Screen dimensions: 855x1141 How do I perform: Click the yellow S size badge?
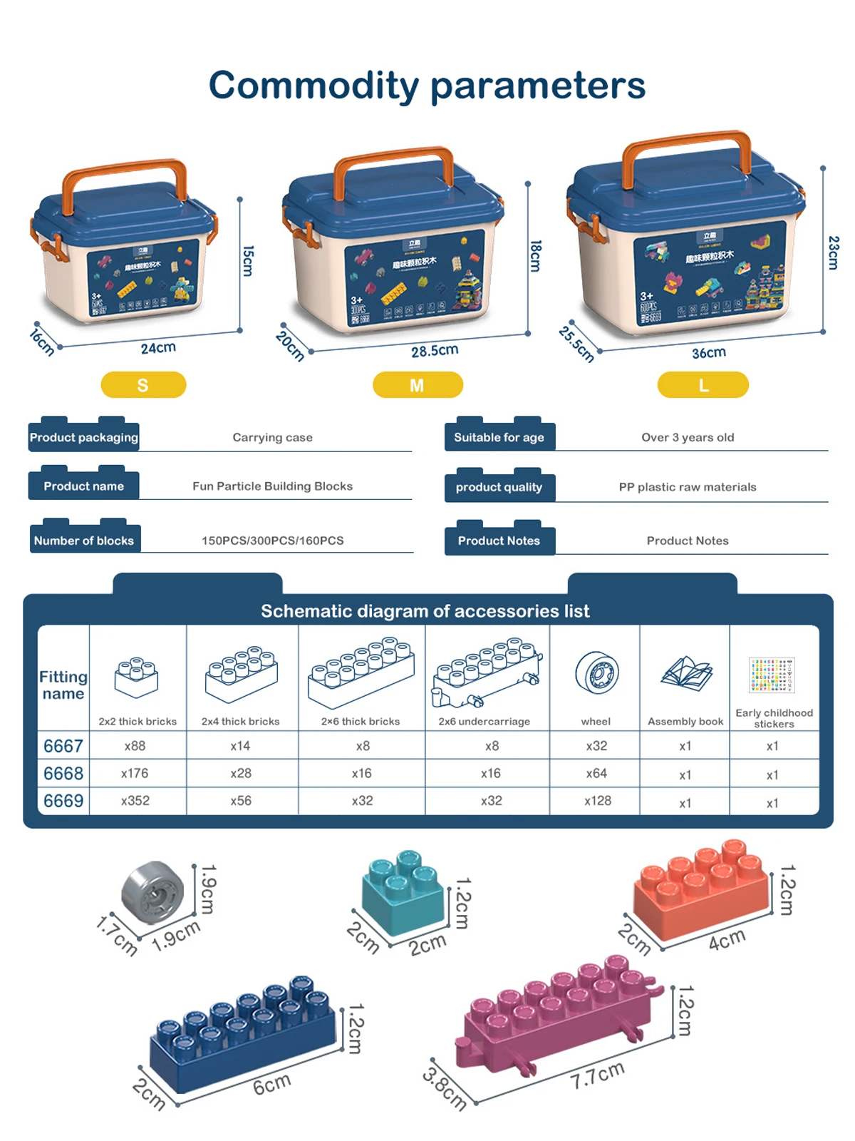tap(143, 385)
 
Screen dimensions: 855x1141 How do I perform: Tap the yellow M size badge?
tap(418, 385)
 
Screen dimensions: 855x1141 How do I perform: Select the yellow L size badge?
tap(703, 385)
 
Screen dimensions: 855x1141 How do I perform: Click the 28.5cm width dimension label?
tap(435, 351)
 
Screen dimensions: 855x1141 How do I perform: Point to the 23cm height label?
tap(833, 252)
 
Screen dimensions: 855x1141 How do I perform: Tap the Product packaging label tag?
tap(83, 437)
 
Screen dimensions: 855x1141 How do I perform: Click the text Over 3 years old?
tap(688, 437)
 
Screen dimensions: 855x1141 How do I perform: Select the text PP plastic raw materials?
tap(688, 487)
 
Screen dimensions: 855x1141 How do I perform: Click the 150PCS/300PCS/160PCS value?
tap(272, 541)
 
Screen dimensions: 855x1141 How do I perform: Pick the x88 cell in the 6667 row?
tap(135, 746)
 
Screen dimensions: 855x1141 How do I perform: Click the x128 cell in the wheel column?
tap(597, 801)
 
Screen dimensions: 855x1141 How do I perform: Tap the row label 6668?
tap(63, 774)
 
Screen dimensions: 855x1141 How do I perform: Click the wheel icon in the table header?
tap(597, 672)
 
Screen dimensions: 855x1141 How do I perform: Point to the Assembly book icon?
tap(686, 673)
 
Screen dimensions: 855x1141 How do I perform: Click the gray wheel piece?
tap(152, 891)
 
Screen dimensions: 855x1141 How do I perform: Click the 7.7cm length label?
tap(597, 1075)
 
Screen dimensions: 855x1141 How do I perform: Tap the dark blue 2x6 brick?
tap(242, 1037)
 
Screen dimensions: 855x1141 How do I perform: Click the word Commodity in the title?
tap(313, 86)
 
